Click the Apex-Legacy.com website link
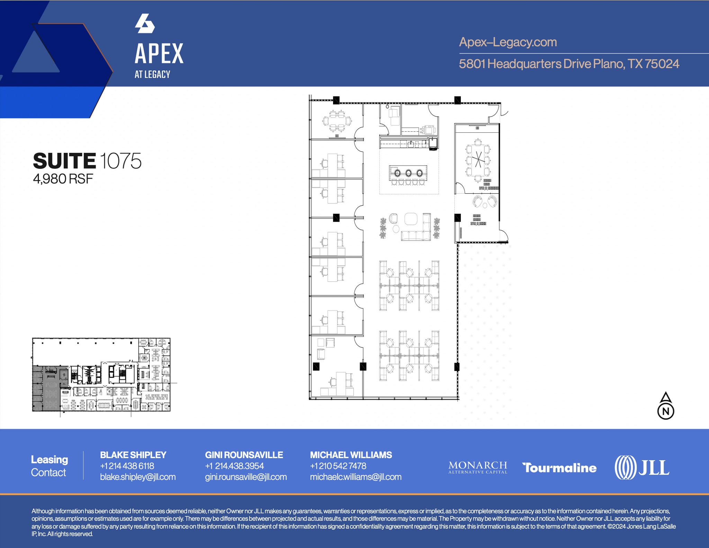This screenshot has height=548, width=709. tap(508, 42)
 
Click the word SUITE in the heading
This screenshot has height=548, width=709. tap(64, 161)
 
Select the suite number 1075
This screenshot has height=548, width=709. tap(120, 161)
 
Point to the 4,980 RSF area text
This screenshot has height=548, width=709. tap(63, 179)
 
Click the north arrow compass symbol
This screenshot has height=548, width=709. tap(665, 406)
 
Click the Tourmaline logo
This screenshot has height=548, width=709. tap(559, 468)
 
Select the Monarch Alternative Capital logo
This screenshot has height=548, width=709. tap(478, 467)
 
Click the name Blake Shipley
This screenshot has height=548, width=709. tap(133, 455)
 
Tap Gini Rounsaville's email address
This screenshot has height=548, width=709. tap(246, 477)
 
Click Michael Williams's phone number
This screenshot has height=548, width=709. tap(338, 466)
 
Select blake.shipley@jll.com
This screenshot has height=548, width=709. tap(138, 477)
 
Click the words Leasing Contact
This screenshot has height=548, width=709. tap(49, 466)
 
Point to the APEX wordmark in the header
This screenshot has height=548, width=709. tap(159, 54)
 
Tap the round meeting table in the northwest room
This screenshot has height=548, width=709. tap(336, 121)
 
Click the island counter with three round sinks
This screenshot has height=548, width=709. tap(408, 173)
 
